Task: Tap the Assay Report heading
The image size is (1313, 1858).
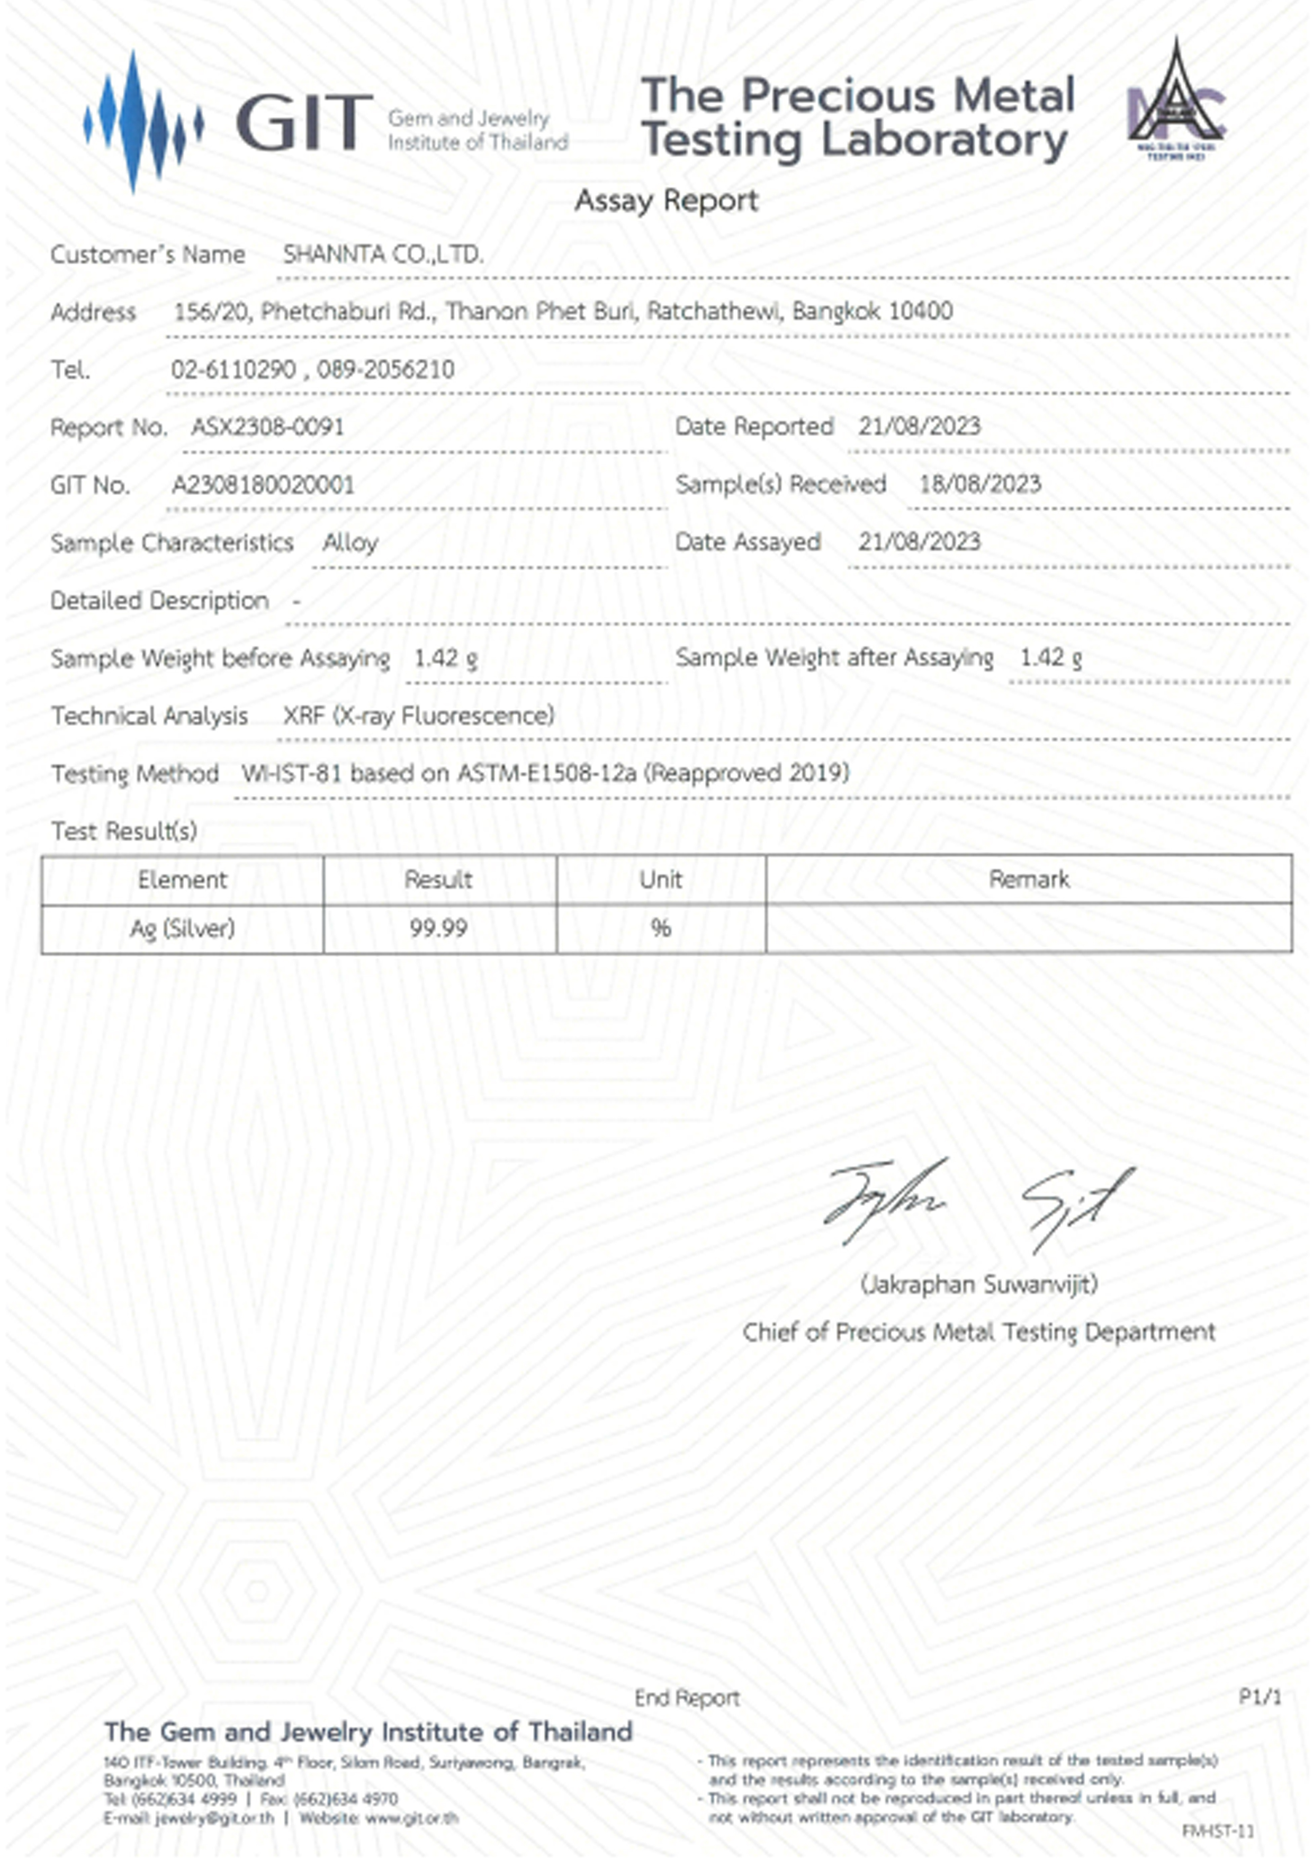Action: (666, 201)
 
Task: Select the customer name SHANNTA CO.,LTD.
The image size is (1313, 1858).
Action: (383, 255)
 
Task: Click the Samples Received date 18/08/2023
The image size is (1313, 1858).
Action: (979, 484)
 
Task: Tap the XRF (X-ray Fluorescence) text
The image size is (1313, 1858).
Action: (418, 716)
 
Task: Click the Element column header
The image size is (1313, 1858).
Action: (182, 880)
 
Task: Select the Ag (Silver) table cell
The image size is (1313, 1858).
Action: (182, 928)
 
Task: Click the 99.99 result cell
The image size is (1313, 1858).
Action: (438, 928)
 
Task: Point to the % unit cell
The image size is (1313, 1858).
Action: (661, 928)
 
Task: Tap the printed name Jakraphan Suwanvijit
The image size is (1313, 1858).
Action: (979, 1284)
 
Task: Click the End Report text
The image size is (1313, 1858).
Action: (687, 1698)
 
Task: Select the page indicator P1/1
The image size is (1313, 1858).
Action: (1260, 1697)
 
